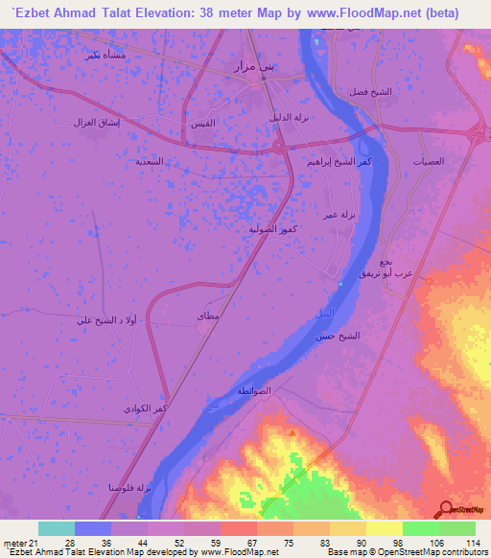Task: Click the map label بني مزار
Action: click(255, 66)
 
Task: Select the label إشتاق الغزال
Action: click(93, 123)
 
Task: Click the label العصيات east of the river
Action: click(429, 161)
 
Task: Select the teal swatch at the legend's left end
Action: click(57, 528)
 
